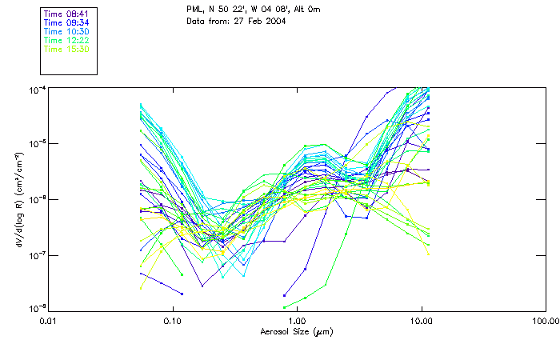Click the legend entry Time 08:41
pos(66,14)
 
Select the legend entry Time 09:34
pos(66,22)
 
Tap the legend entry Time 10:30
pos(66,31)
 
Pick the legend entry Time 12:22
pos(66,40)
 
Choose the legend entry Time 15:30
pos(66,49)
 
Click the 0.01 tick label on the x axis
pos(49,322)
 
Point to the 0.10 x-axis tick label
pos(173,322)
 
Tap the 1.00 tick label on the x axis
pos(297,322)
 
